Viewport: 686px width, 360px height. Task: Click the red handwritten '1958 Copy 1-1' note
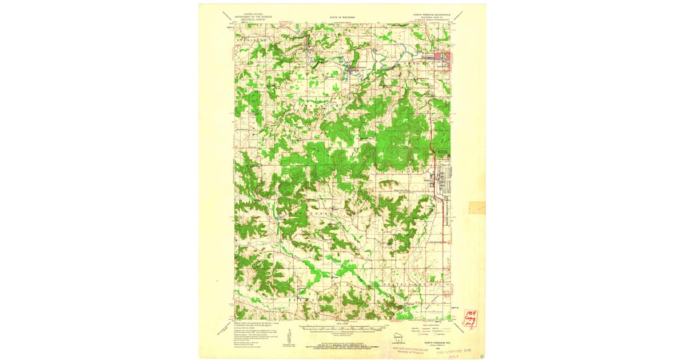pos(471,320)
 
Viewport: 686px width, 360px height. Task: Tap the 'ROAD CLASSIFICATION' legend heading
pos(434,323)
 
